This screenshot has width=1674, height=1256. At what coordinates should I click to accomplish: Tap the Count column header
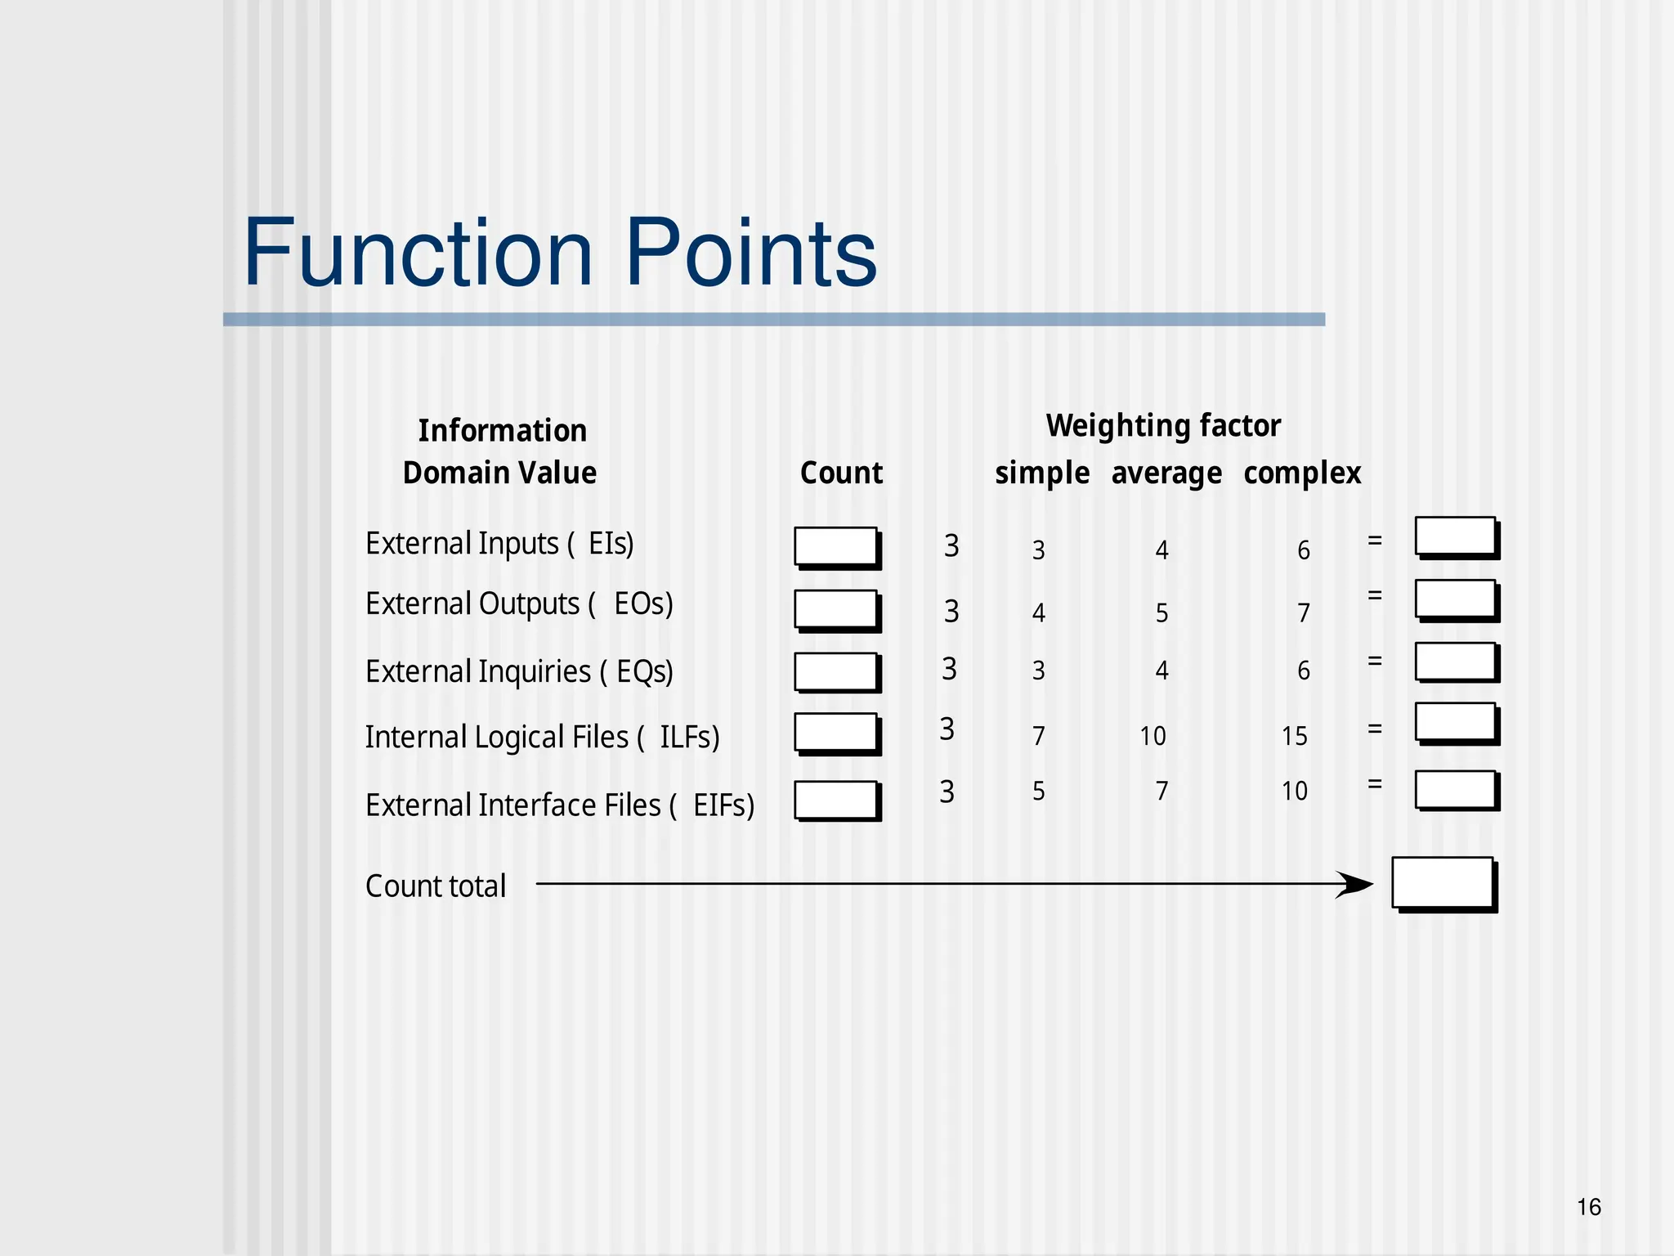[841, 473]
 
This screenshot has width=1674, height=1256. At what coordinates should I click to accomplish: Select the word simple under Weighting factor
[1041, 473]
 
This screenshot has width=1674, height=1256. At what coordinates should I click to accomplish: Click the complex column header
[1301, 473]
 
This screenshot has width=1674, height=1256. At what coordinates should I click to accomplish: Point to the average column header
[1166, 473]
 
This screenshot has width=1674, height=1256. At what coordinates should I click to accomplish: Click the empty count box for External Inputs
[836, 546]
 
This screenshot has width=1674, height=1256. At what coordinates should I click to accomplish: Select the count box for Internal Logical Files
[836, 732]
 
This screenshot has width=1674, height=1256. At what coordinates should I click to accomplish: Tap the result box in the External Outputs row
[1456, 599]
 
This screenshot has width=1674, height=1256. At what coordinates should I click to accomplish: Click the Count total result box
[1443, 882]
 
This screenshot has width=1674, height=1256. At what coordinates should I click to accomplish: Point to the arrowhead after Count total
[1357, 884]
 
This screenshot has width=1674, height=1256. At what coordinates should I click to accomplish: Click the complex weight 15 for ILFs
[1294, 736]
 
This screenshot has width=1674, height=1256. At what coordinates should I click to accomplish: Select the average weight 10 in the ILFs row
[1153, 736]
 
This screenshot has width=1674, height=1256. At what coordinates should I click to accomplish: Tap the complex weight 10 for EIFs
[1294, 791]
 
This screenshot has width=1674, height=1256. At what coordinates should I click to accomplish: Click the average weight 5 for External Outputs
[1162, 612]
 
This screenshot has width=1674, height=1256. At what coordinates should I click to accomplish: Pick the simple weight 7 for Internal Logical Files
[1038, 736]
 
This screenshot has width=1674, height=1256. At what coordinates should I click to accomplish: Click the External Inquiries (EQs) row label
[519, 671]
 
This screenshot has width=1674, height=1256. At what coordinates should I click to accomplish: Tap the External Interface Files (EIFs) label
[559, 805]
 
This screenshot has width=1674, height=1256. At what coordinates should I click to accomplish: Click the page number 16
[1588, 1207]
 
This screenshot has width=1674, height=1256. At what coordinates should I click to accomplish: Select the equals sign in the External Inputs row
[1375, 541]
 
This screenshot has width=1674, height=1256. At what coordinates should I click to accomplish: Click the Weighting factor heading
[1163, 425]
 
